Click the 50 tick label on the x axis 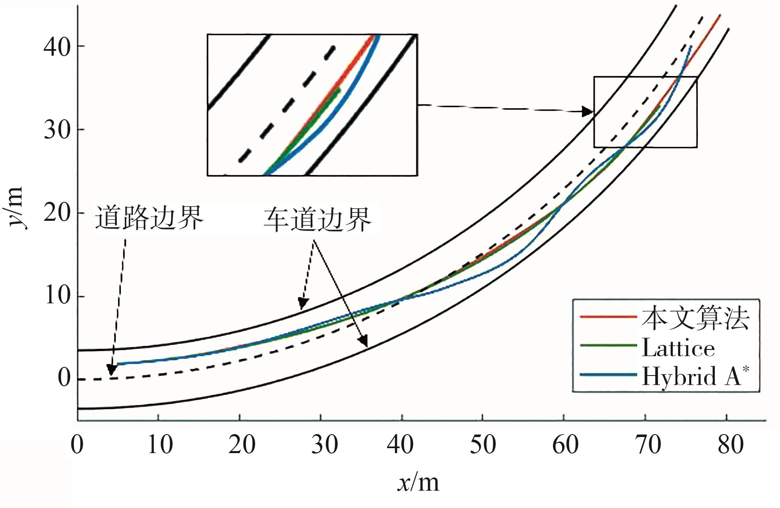coord(482,445)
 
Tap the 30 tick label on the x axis coord(324,445)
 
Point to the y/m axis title coord(17,206)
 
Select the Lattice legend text coord(678,348)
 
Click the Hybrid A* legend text coord(695,376)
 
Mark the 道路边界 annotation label coord(149,217)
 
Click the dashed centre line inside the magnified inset coord(289,103)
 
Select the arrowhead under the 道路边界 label coord(111,370)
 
